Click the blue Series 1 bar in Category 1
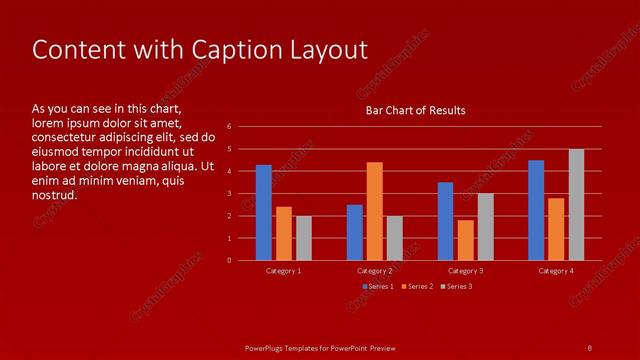click(264, 213)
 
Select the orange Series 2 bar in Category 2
click(374, 211)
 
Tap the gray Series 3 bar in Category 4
click(576, 205)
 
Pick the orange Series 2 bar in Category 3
click(465, 240)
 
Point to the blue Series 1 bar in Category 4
click(536, 210)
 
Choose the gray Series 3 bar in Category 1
click(304, 238)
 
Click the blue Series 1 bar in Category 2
click(355, 232)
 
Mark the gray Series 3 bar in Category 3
click(485, 227)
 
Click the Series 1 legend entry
click(378, 287)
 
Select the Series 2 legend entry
click(417, 287)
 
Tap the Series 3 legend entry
click(456, 287)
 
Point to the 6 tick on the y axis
click(230, 127)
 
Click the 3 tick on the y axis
click(230, 194)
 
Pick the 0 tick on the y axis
click(230, 261)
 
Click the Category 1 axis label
click(284, 271)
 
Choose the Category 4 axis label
click(556, 271)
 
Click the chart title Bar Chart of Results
click(415, 110)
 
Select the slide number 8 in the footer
click(589, 347)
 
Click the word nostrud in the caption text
click(54, 196)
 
